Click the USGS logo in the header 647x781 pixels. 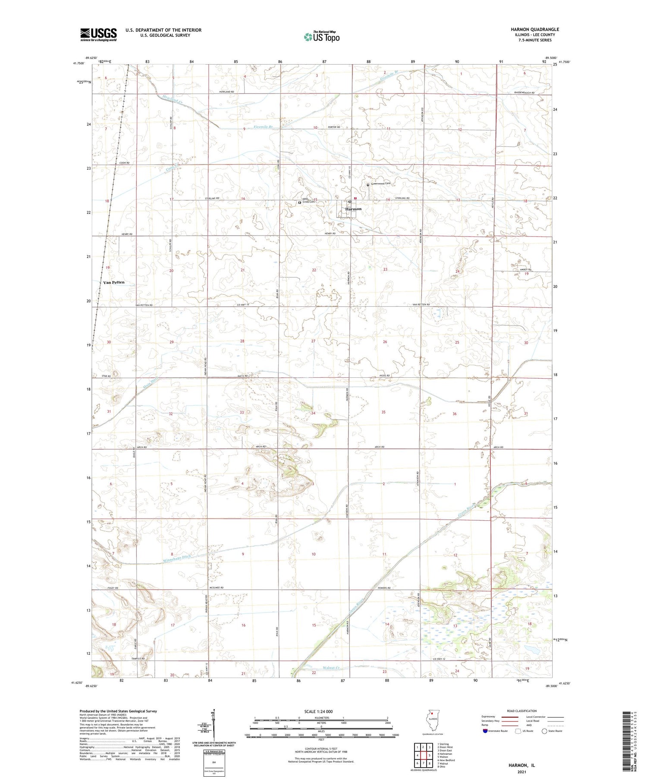(x=98, y=34)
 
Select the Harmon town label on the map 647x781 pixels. (x=353, y=209)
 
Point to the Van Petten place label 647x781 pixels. (x=114, y=283)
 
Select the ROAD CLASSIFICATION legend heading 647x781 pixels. (x=522, y=711)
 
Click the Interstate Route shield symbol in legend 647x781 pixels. (x=485, y=731)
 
